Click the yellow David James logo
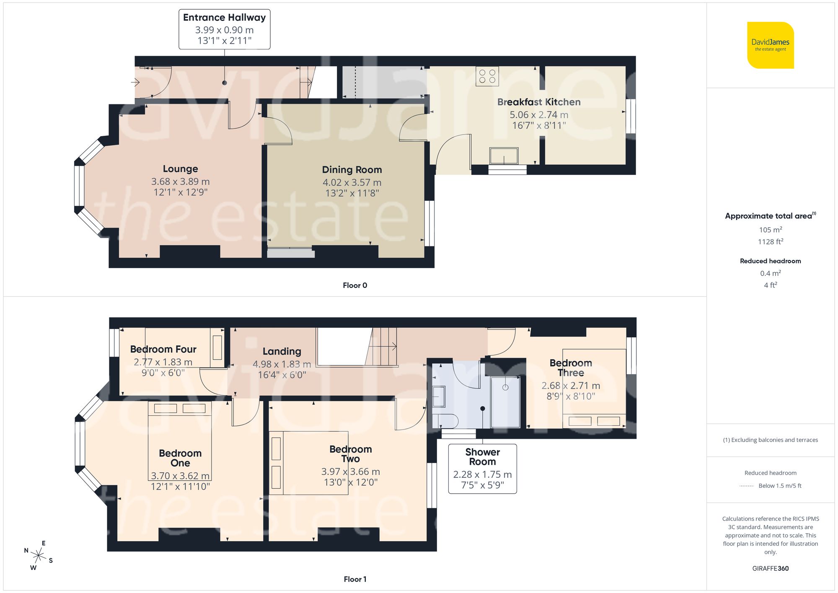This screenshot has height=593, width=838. [770, 45]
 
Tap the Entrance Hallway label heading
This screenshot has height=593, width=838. [224, 18]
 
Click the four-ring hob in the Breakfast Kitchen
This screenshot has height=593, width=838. [487, 76]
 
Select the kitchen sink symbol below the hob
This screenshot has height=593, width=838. [504, 156]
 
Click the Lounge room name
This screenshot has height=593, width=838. [180, 169]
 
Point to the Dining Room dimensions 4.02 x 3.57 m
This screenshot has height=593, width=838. [352, 183]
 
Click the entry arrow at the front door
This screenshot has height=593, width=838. [135, 82]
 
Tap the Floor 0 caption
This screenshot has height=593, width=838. [354, 285]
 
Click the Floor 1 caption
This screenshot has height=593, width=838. [354, 579]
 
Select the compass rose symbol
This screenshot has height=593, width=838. [39, 556]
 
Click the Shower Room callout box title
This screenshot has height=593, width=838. [482, 457]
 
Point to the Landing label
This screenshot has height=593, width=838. [282, 352]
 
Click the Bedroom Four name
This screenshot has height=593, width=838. [163, 350]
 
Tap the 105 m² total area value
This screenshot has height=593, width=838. [770, 230]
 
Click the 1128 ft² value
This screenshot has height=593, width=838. [770, 242]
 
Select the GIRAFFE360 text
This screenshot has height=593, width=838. [770, 569]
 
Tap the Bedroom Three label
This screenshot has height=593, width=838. [570, 368]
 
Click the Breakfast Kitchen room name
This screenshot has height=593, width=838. [538, 102]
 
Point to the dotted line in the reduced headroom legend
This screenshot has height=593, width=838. [746, 486]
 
